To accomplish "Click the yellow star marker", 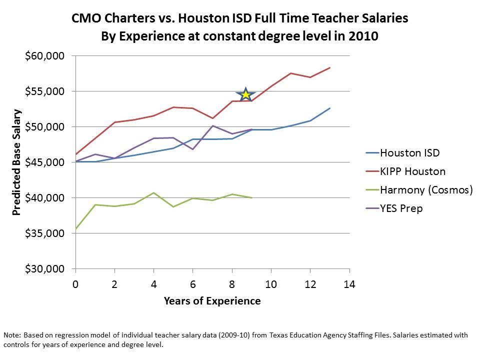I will click(x=245, y=94).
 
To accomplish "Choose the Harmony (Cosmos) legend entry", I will click(x=426, y=190).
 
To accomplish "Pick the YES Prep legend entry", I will click(x=401, y=208).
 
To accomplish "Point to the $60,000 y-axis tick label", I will click(x=45, y=56).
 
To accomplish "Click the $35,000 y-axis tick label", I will click(x=45, y=233).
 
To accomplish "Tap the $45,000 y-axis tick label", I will click(x=45, y=162).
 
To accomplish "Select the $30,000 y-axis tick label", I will click(x=45, y=269).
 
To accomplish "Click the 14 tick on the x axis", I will click(x=349, y=284).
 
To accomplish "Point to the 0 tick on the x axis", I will click(x=75, y=284).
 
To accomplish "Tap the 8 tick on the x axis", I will click(x=232, y=284).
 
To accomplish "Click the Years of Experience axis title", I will click(x=212, y=301).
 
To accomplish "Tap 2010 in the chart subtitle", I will click(x=364, y=36).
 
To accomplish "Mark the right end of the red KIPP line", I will click(x=330, y=67).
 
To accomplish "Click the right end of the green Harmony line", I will click(x=251, y=198).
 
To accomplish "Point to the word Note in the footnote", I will click(x=12, y=335).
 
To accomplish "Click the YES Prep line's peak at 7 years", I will click(x=212, y=126).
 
